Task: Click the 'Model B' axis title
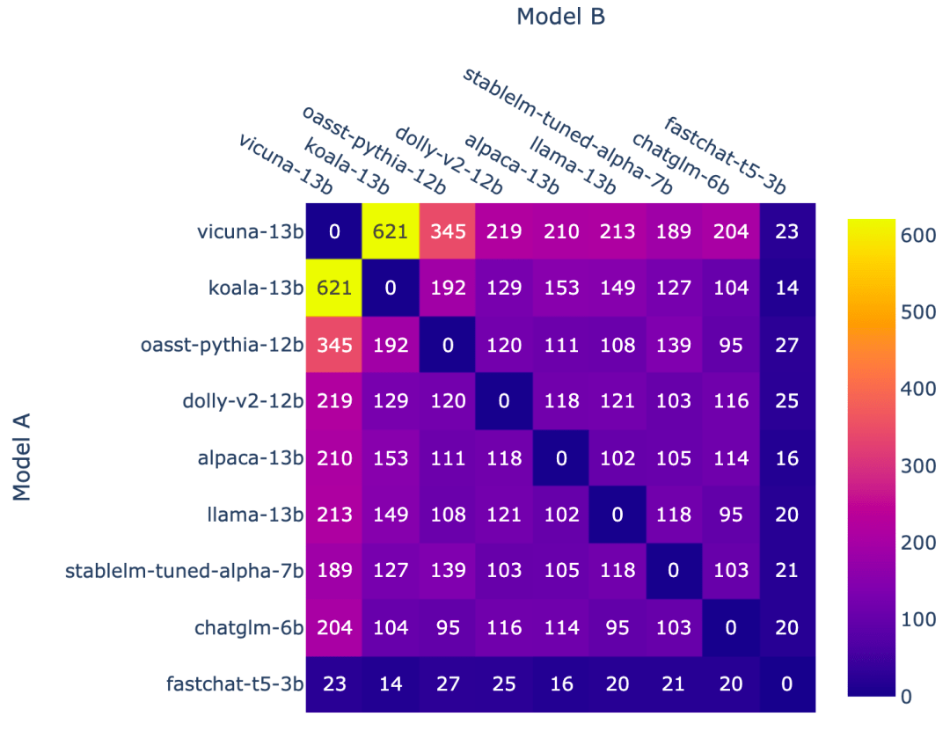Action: pos(560,17)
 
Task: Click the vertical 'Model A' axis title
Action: pos(21,457)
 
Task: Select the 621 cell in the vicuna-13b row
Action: pos(391,231)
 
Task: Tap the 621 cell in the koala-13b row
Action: pos(334,288)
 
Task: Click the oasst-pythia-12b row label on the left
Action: pos(222,345)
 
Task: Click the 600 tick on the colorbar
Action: pos(917,235)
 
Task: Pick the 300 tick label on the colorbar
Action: pos(917,465)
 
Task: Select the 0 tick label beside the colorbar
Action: pos(906,697)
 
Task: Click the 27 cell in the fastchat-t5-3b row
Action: pos(448,683)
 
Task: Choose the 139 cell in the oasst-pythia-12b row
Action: pos(673,345)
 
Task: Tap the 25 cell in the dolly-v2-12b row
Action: pos(786,400)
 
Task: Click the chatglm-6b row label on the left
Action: pos(248,627)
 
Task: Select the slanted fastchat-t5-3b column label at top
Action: pos(725,155)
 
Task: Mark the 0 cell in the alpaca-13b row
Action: pos(561,457)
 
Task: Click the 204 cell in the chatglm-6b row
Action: pos(334,627)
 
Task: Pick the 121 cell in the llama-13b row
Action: pos(504,515)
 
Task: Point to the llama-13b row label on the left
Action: pos(255,515)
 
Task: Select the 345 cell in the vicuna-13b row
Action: pos(448,231)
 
